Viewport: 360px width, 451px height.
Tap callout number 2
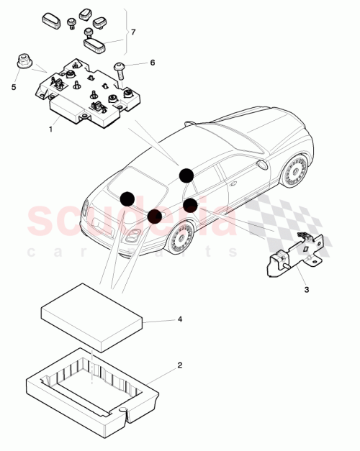tap(179, 365)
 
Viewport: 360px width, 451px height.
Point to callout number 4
tap(179, 318)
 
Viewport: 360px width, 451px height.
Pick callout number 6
tap(152, 63)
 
